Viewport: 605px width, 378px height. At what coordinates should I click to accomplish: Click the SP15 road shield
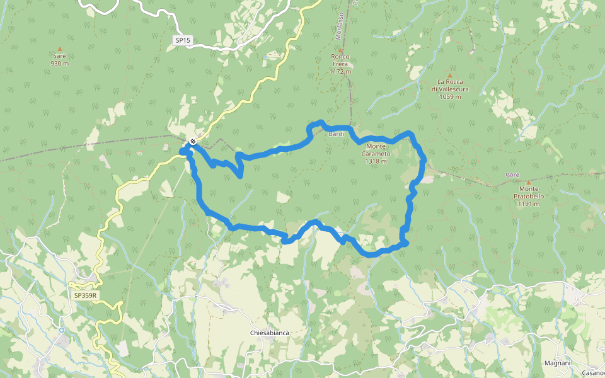coord(183,40)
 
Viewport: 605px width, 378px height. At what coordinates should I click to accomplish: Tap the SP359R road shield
coord(85,295)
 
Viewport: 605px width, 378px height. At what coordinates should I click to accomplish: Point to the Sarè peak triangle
coord(60,49)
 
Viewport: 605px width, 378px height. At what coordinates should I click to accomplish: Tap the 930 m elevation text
coord(60,63)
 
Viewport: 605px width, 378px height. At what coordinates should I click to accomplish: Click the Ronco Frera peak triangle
coord(340,50)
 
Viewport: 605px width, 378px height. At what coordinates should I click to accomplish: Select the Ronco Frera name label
coord(340,60)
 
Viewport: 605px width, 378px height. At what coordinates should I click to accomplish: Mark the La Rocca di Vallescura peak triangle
coord(450,75)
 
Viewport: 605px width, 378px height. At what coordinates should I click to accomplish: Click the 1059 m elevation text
coord(450,96)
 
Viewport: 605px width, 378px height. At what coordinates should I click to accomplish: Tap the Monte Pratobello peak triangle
coord(528,182)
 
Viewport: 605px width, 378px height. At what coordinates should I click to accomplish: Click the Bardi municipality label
coord(336,134)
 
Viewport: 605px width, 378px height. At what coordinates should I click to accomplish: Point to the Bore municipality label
coord(512,175)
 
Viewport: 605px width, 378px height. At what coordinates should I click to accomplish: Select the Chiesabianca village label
coord(269,333)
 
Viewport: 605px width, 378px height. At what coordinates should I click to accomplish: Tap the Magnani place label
coord(557,364)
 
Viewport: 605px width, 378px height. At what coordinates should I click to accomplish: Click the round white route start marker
coord(192,141)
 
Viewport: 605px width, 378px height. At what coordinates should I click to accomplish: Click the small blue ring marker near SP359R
coord(62,329)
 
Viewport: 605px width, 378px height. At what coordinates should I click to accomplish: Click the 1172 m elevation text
coord(340,71)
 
